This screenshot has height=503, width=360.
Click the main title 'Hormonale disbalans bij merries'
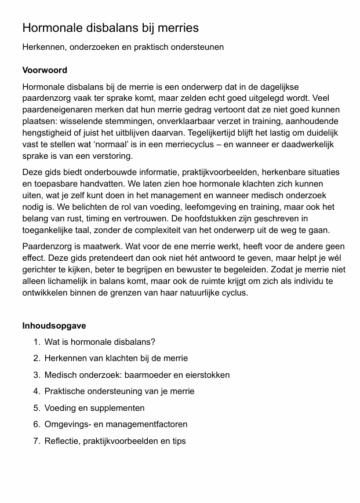[110, 28]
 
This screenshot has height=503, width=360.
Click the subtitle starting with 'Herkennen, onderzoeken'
[123, 47]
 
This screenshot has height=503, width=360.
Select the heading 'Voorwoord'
[45, 70]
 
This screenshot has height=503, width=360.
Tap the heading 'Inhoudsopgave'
[54, 325]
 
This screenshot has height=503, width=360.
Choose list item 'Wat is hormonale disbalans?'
[100, 342]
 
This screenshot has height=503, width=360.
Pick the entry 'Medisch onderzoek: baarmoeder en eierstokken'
[137, 375]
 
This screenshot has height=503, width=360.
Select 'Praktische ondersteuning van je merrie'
[119, 391]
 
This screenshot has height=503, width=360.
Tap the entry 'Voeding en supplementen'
[94, 408]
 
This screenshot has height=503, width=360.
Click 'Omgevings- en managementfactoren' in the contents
[116, 424]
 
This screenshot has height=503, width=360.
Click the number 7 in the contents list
[37, 441]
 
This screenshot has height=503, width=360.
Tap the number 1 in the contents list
[37, 342]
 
